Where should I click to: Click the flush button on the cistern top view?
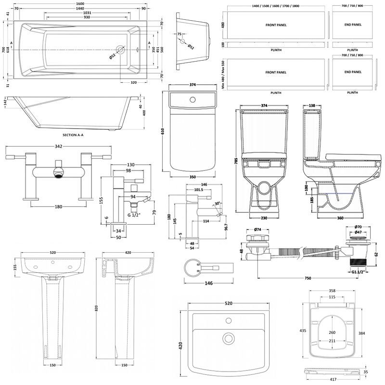point(193,100)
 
